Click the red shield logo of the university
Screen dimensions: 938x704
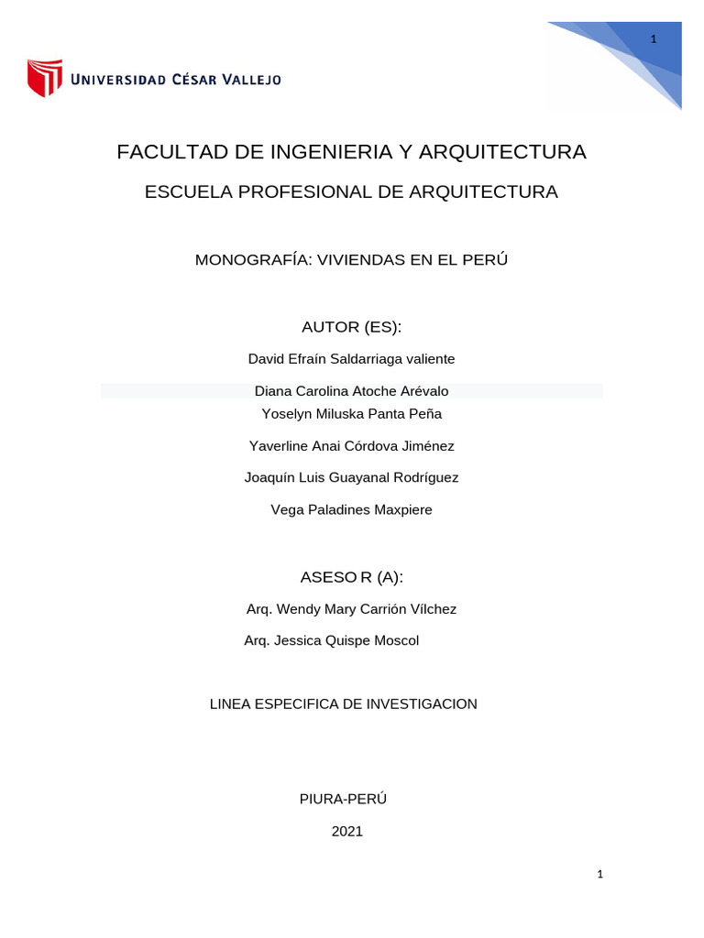tap(44, 78)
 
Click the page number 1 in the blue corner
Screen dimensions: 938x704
tap(654, 38)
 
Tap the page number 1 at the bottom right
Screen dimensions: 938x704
tap(599, 875)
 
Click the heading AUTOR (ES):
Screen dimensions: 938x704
tap(351, 327)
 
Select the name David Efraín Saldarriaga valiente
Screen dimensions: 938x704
tap(351, 359)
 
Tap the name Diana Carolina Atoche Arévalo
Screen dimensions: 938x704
tap(351, 391)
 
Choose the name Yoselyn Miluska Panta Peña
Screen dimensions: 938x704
tap(351, 414)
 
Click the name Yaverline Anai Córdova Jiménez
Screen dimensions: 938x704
tap(351, 446)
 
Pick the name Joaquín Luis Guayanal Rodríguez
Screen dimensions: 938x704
tap(351, 478)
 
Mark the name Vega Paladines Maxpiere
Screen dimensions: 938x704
tap(351, 510)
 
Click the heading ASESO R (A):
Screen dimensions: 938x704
tap(351, 577)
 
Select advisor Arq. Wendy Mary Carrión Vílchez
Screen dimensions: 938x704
tap(351, 609)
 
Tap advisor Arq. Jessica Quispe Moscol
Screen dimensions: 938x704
tap(331, 641)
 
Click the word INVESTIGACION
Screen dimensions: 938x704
tap(422, 704)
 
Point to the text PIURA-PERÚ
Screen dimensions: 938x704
tap(343, 799)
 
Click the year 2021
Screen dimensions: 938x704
tap(347, 832)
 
